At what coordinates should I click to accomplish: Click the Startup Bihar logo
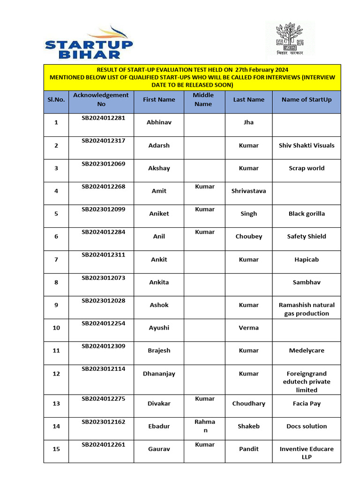[89, 43]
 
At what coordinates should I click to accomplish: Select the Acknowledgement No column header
[101, 99]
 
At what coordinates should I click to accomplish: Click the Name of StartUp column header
[307, 99]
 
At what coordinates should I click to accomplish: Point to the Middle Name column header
[203, 99]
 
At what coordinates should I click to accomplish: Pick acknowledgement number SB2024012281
[104, 118]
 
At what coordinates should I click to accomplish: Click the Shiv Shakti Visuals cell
[307, 145]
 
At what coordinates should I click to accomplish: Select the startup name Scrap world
[307, 168]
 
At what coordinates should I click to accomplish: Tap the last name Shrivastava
[248, 191]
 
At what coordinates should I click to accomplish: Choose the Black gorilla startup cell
[307, 214]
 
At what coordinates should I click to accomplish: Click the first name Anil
[159, 236]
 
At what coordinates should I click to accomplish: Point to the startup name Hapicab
[307, 259]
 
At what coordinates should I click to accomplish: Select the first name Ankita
[159, 282]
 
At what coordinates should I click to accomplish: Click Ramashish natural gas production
[307, 309]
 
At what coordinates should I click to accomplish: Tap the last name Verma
[248, 328]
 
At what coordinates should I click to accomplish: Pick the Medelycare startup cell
[307, 350]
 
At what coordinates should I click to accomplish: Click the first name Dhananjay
[159, 374]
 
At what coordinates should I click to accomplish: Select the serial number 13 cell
[56, 404]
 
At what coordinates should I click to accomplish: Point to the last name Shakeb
[248, 426]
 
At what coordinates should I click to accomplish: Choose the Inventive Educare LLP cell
[307, 453]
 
